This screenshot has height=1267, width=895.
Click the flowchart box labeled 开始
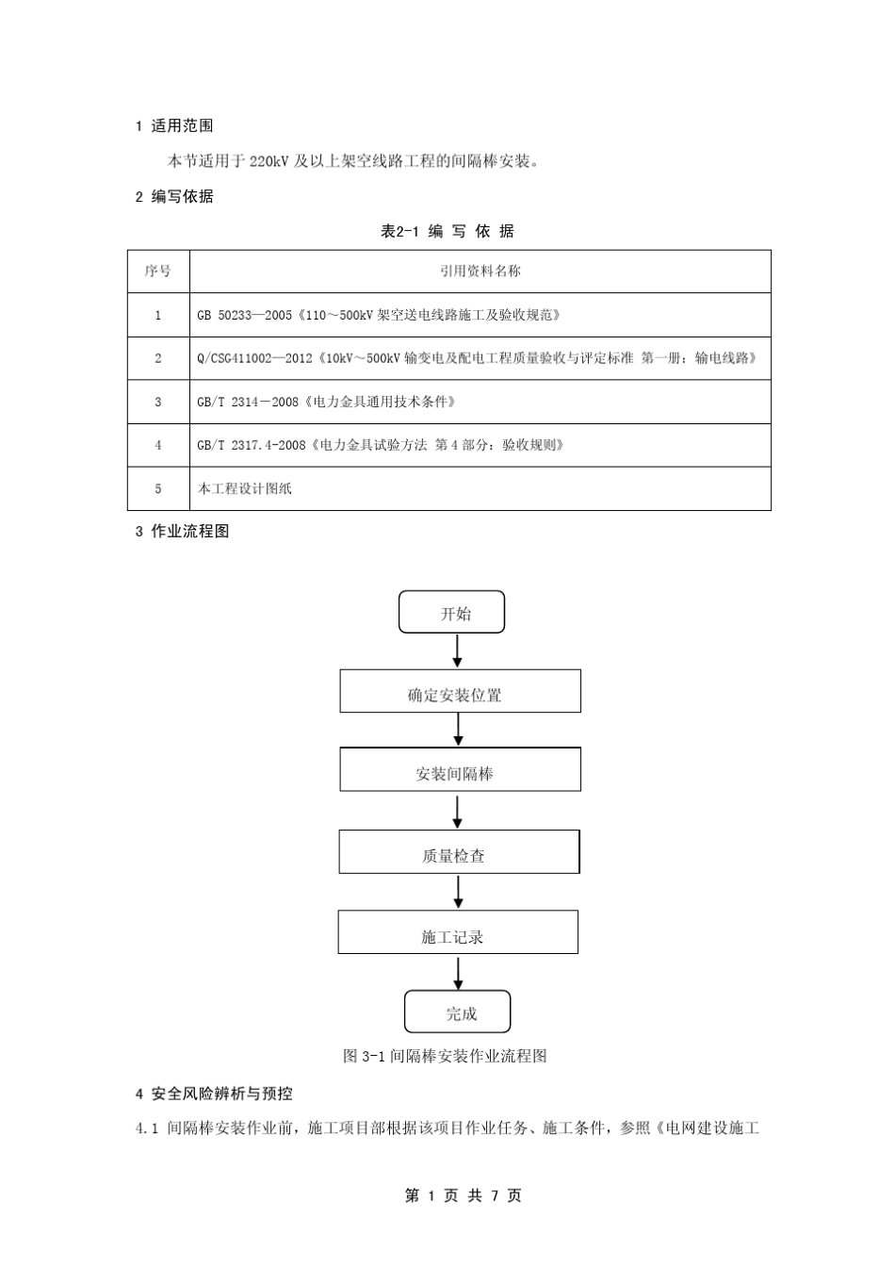(x=452, y=613)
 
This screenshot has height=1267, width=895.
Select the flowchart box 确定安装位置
(x=460, y=692)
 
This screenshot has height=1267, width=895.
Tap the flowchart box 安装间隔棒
(x=460, y=770)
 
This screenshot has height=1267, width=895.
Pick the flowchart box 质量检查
(x=459, y=852)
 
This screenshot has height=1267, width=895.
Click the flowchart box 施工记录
(x=458, y=932)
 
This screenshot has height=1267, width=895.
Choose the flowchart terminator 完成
(x=458, y=1012)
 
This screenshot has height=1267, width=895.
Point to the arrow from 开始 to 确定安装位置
(x=458, y=651)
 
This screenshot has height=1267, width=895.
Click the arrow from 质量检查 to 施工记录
(x=459, y=892)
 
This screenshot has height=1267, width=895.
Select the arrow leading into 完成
(x=459, y=972)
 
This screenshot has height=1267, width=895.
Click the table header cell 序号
(x=158, y=271)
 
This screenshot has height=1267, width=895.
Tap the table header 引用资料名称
(x=480, y=271)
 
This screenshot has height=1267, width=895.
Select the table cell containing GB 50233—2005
(x=480, y=316)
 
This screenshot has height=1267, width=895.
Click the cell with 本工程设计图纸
(x=480, y=489)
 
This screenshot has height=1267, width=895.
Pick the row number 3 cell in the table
(x=158, y=403)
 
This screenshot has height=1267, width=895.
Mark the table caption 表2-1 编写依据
(x=447, y=232)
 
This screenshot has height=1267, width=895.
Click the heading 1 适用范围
(x=174, y=126)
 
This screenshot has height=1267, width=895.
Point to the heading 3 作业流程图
(x=183, y=532)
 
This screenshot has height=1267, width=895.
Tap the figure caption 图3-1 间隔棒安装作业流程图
(x=445, y=1056)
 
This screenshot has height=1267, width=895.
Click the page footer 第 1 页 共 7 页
(x=463, y=1195)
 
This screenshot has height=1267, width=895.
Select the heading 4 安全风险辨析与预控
(x=214, y=1094)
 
